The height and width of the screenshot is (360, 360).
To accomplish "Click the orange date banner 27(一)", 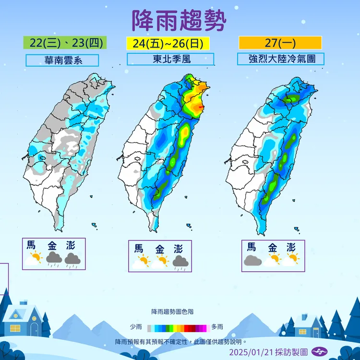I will click(x=280, y=43).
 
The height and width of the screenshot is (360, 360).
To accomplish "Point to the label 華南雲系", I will click(x=62, y=60).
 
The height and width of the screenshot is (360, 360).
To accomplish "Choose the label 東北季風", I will click(x=170, y=59).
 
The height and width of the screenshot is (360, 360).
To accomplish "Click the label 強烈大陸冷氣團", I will click(x=280, y=59).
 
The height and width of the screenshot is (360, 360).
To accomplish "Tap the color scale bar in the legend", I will click(x=179, y=327).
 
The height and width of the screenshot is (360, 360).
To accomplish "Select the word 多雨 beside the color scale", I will click(x=217, y=327).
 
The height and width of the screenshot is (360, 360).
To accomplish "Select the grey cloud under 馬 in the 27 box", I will click(x=252, y=261).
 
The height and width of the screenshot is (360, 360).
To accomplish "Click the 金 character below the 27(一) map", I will click(x=272, y=248).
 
